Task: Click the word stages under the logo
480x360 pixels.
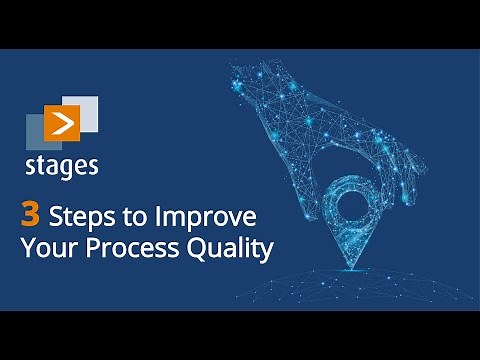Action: (x=62, y=165)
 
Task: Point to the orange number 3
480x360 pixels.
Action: (x=31, y=215)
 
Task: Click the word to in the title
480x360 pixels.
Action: (x=136, y=217)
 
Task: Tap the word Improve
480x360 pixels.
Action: (x=205, y=218)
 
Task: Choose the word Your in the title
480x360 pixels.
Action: (x=46, y=248)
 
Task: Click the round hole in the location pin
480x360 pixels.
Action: (x=355, y=205)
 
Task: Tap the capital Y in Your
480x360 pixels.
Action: (x=27, y=248)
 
